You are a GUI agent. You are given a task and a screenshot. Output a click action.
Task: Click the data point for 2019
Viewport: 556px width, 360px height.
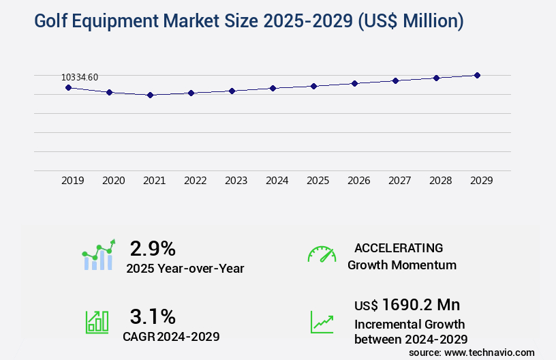pyautogui.click(x=68, y=87)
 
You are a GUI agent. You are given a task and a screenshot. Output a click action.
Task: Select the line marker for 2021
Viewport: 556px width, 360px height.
pyautogui.click(x=150, y=95)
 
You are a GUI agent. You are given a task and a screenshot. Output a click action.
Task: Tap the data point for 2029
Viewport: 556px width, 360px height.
pyautogui.click(x=477, y=75)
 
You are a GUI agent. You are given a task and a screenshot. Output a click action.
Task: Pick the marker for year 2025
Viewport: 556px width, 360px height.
pyautogui.click(x=313, y=86)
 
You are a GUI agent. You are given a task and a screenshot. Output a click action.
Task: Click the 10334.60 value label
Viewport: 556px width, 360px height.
pyautogui.click(x=80, y=77)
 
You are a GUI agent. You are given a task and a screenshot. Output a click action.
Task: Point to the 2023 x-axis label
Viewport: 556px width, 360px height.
pyautogui.click(x=236, y=181)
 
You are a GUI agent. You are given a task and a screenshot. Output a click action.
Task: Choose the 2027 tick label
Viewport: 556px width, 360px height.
pyautogui.click(x=399, y=181)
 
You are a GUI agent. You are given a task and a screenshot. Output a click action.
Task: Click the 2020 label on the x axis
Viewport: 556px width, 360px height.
pyautogui.click(x=113, y=181)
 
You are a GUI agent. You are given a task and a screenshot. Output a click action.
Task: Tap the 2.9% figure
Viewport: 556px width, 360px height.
pyautogui.click(x=153, y=248)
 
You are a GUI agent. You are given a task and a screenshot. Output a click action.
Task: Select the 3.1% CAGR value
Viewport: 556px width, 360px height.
pyautogui.click(x=153, y=316)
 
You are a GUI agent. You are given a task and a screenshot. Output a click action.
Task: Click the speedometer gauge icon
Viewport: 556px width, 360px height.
pyautogui.click(x=322, y=254)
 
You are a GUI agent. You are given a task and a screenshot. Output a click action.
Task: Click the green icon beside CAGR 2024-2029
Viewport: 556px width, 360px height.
pyautogui.click(x=97, y=322)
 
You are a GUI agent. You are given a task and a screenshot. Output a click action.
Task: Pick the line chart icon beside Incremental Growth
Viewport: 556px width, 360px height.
pyautogui.click(x=322, y=322)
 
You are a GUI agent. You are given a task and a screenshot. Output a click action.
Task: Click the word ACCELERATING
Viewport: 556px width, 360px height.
pyautogui.click(x=399, y=247)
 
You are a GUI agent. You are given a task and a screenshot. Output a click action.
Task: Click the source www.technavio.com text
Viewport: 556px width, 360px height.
pyautogui.click(x=472, y=352)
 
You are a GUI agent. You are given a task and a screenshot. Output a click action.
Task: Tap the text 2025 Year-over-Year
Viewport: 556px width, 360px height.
pyautogui.click(x=185, y=269)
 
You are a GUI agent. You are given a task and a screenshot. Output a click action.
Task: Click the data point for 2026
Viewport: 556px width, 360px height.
pyautogui.click(x=354, y=83)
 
